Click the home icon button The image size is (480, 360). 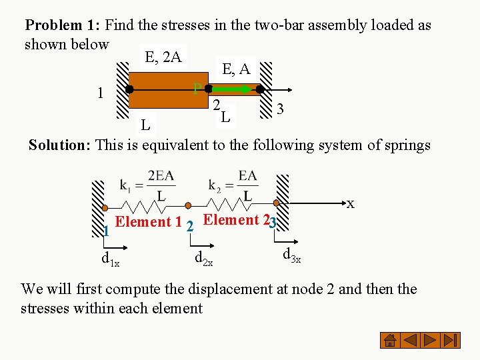(x=389, y=341)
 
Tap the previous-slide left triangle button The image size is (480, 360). (x=411, y=341)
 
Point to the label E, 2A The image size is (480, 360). (x=163, y=57)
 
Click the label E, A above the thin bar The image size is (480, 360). (x=236, y=68)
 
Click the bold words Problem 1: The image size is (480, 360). (x=63, y=25)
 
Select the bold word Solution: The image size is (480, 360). (x=60, y=145)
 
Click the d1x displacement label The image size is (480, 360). (x=110, y=259)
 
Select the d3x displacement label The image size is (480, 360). (x=291, y=255)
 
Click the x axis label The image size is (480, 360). (x=350, y=203)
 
